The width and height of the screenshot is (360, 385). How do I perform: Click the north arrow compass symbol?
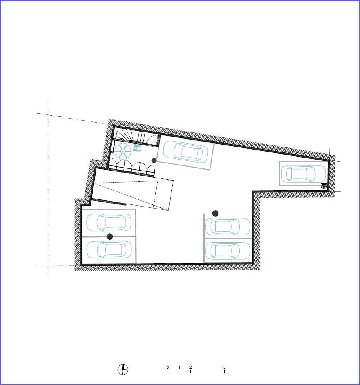coord(123,369)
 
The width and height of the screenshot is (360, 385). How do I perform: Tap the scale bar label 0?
coord(168,367)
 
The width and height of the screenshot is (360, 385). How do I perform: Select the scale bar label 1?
coord(179,367)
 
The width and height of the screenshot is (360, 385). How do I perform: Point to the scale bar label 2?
coord(191,367)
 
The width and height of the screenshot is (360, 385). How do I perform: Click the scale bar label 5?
coord(224,367)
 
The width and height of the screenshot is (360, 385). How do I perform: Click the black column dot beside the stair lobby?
coord(154,160)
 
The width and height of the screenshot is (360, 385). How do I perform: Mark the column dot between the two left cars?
coord(110,236)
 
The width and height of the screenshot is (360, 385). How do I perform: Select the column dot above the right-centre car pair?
coord(215,213)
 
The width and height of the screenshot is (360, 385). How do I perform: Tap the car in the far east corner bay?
coord(303,173)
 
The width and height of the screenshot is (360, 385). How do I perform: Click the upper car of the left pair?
coord(109,222)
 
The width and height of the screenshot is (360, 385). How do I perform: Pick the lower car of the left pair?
coord(109,249)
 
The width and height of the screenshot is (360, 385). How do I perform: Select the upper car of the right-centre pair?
coord(228,226)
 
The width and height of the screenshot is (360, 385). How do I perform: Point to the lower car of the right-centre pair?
coord(228,251)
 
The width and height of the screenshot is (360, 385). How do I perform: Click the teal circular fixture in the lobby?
coord(123,150)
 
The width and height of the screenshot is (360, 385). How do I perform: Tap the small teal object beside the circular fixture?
coord(137,148)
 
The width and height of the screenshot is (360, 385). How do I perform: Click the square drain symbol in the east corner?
coord(324,186)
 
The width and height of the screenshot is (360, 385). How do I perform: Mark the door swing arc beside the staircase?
coord(153,139)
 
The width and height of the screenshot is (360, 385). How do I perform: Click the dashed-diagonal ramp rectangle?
coord(132,194)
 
